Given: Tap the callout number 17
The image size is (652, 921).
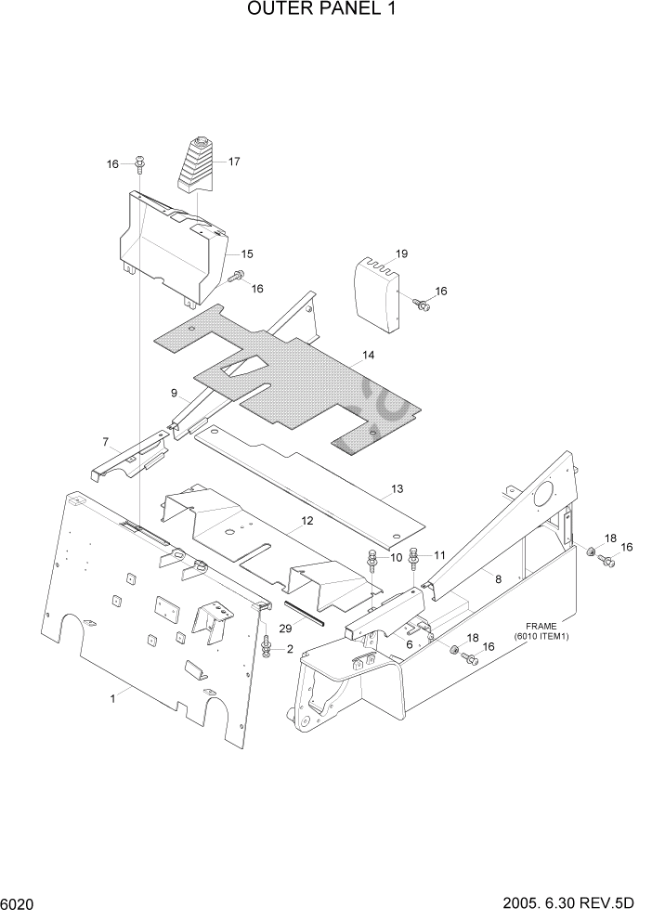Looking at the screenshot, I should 234,162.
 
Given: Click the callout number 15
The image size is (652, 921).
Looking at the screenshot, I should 248,253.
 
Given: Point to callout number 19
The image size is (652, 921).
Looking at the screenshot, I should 402,253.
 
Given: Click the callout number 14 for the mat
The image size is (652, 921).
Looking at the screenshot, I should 369,356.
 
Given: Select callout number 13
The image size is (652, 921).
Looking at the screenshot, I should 397,488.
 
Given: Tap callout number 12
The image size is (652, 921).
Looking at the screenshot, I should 306,523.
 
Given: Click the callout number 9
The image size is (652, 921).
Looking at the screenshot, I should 174,393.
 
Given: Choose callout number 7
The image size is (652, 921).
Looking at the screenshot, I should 105,441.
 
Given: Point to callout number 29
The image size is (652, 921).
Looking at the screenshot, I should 286,629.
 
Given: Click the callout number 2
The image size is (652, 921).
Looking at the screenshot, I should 290,649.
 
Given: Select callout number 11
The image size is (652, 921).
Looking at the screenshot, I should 439,555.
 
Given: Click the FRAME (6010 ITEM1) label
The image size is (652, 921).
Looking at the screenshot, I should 540,631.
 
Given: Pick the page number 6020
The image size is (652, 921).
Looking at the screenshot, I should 20,902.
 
